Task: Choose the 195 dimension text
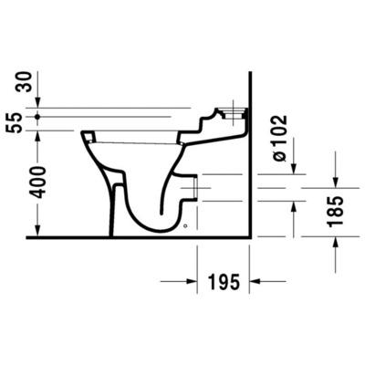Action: (224, 282)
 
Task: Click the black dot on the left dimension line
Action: (36, 117)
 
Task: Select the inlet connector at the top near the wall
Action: (234, 117)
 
